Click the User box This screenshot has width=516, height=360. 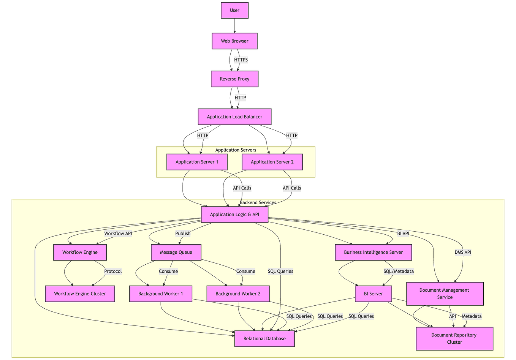click(234, 10)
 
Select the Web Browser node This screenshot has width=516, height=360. click(234, 41)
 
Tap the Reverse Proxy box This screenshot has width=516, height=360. click(234, 79)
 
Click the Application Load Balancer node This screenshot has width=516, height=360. click(234, 117)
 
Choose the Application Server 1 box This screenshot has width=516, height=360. click(197, 162)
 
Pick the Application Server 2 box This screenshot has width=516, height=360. click(272, 162)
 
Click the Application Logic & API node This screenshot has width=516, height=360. click(234, 215)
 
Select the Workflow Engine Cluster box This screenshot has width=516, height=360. click(80, 294)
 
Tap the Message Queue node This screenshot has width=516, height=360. click(176, 252)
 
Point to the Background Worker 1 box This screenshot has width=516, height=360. click(160, 294)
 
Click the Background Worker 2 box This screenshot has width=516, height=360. click(238, 294)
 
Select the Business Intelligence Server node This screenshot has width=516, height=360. click(373, 252)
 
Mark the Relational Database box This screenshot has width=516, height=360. click(264, 338)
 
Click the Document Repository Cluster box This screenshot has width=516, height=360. click(454, 338)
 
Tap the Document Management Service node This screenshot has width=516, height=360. click(445, 294)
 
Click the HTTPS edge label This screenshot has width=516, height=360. click(241, 60)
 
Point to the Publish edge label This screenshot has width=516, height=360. click(183, 234)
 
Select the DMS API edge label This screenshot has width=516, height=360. click(463, 252)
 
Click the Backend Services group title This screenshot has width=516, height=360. click(258, 202)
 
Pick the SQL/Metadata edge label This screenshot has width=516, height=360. click(399, 271)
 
